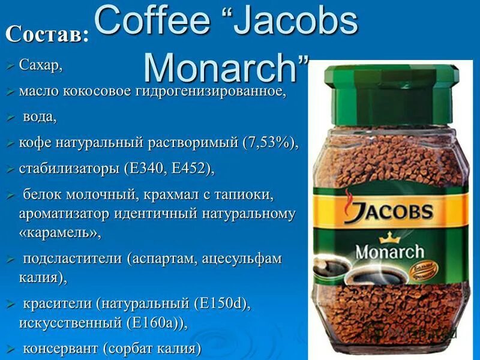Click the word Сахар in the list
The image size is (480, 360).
[x=40, y=64]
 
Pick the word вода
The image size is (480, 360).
[x=40, y=116]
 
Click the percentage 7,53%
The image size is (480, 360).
[x=268, y=142]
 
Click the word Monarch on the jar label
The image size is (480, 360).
[x=389, y=250]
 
